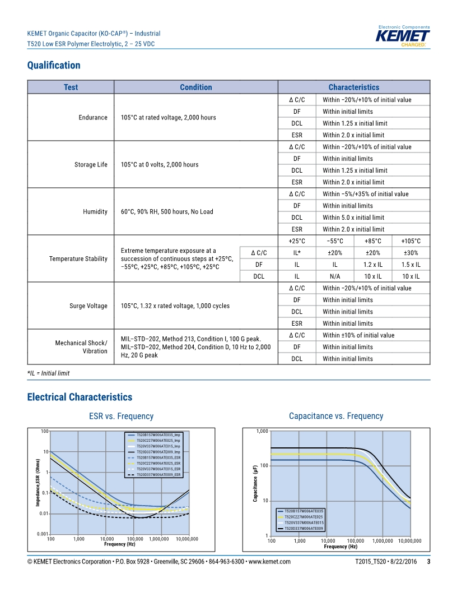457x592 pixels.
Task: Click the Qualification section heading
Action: point(54,66)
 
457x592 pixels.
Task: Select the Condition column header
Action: point(195,87)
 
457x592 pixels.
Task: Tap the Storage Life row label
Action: point(91,165)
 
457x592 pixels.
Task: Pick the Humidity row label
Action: point(95,212)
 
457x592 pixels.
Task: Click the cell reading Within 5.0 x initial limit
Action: point(353,218)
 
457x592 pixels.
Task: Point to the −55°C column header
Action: point(335,241)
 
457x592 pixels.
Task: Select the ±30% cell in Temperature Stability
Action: point(411,253)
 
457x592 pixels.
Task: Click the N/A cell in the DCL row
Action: point(335,276)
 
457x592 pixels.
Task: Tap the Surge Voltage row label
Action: point(88,306)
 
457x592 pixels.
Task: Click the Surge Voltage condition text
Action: point(175,306)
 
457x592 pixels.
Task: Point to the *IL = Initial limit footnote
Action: point(48,373)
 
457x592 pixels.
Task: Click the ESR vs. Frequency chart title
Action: point(121,416)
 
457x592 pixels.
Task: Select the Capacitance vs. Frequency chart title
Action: point(336,416)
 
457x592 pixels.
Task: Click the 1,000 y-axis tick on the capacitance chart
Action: point(262,432)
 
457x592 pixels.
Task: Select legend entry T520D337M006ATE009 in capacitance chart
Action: point(304,529)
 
